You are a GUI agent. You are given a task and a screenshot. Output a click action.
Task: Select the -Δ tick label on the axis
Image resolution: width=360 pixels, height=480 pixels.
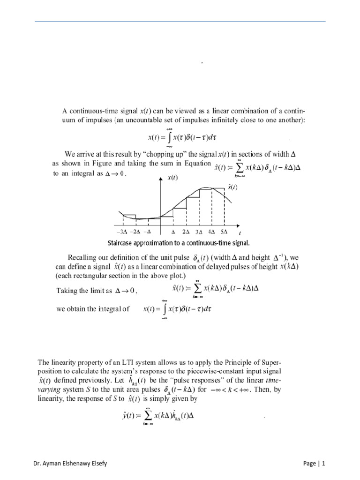coord(148,232)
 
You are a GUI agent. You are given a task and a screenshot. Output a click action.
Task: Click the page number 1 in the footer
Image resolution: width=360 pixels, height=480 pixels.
coord(322,464)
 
